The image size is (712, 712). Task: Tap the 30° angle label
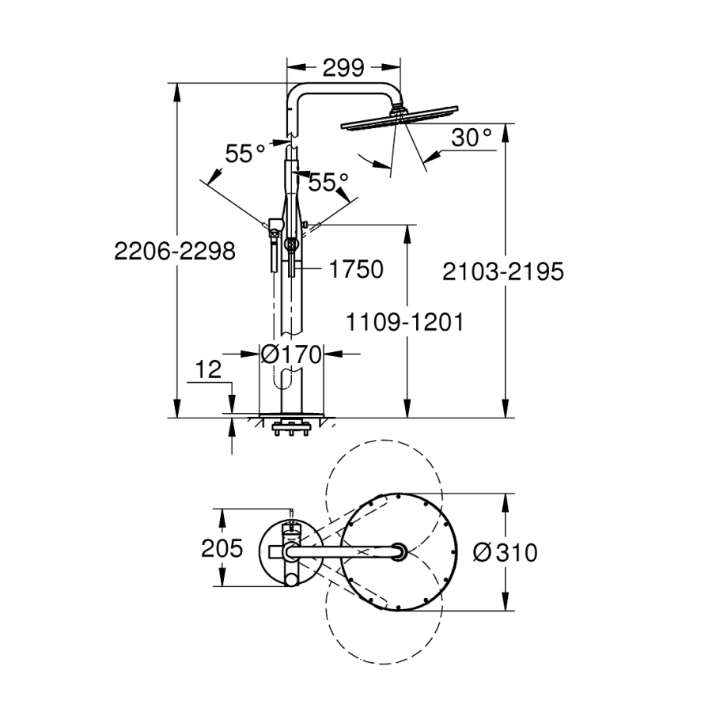tap(472, 138)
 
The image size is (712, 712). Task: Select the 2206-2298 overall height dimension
tap(175, 252)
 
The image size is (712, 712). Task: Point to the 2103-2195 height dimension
tap(503, 271)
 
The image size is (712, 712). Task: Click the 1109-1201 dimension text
tap(404, 322)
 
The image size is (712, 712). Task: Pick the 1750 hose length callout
tap(356, 269)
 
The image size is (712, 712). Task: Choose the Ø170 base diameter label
tap(292, 354)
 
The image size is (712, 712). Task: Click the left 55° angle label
tap(244, 153)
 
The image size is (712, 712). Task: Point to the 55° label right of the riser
tap(328, 183)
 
